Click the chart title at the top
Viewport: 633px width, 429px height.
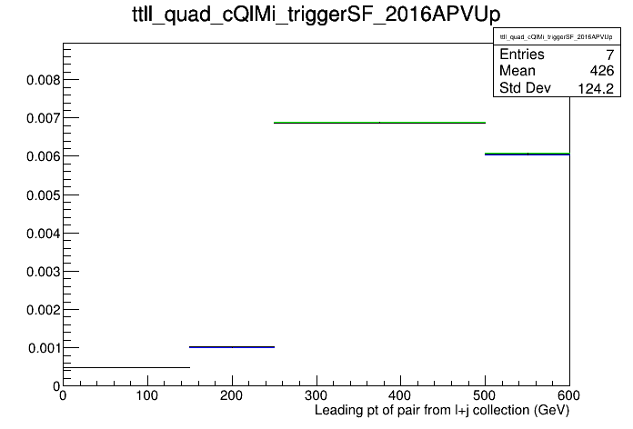pyautogui.click(x=316, y=15)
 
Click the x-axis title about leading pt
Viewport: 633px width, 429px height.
pyautogui.click(x=442, y=411)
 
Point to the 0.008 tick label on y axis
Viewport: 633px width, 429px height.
pyautogui.click(x=43, y=80)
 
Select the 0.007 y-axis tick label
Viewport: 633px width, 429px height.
pyautogui.click(x=43, y=118)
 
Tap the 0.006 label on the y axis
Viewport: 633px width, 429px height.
pyautogui.click(x=43, y=156)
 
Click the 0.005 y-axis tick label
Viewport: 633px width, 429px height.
pyautogui.click(x=43, y=195)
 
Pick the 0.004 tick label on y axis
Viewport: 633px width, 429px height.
pyautogui.click(x=43, y=234)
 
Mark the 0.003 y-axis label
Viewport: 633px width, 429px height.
pyautogui.click(x=43, y=272)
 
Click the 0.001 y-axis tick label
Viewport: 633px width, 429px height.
pyautogui.click(x=44, y=348)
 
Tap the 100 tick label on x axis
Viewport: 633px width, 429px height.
pyautogui.click(x=147, y=395)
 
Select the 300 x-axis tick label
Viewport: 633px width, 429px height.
pyautogui.click(x=316, y=395)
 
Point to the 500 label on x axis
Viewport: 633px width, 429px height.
pyautogui.click(x=485, y=395)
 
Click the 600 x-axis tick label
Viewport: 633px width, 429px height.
pyautogui.click(x=568, y=395)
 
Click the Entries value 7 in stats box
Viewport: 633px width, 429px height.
pyautogui.click(x=610, y=55)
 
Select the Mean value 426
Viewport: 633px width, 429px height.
pyautogui.click(x=602, y=71)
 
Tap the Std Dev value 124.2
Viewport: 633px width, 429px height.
pyautogui.click(x=596, y=88)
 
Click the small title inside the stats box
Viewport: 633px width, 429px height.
pyautogui.click(x=557, y=37)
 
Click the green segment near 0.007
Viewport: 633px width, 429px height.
pyautogui.click(x=379, y=123)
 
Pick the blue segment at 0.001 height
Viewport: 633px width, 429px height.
pyautogui.click(x=232, y=347)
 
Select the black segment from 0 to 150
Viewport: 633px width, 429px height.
pyautogui.click(x=126, y=368)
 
